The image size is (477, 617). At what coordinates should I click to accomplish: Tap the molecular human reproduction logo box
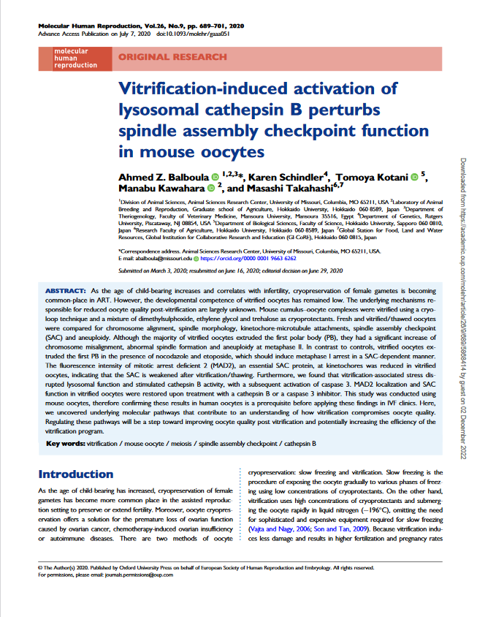(75, 58)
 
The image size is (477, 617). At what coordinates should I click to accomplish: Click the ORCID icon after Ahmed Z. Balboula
(215, 177)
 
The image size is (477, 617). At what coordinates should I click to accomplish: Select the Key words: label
(64, 444)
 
